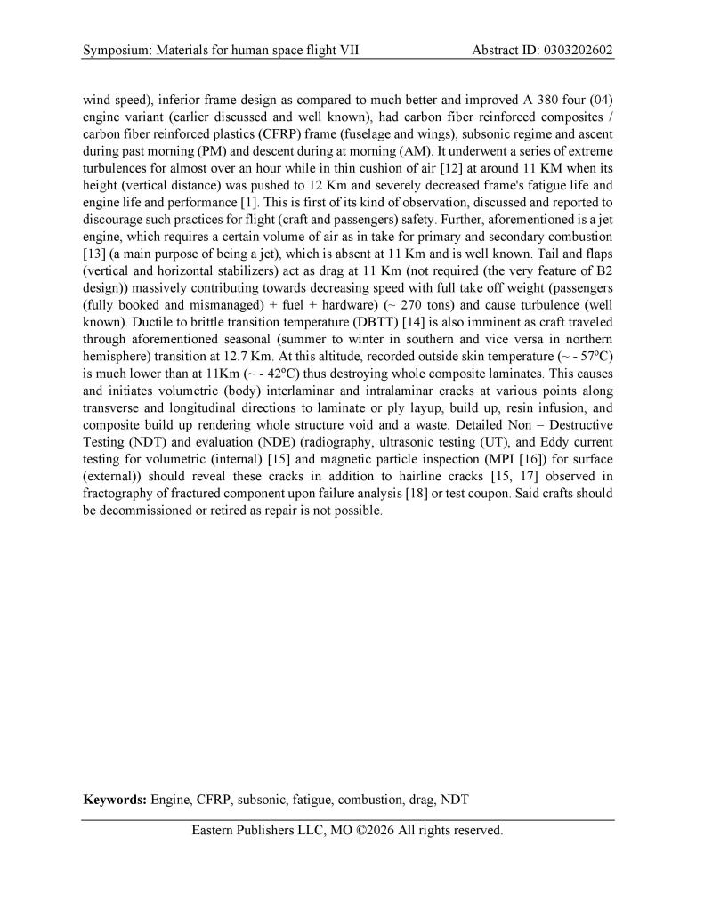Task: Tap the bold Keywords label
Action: [115, 800]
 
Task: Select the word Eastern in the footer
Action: [215, 831]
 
